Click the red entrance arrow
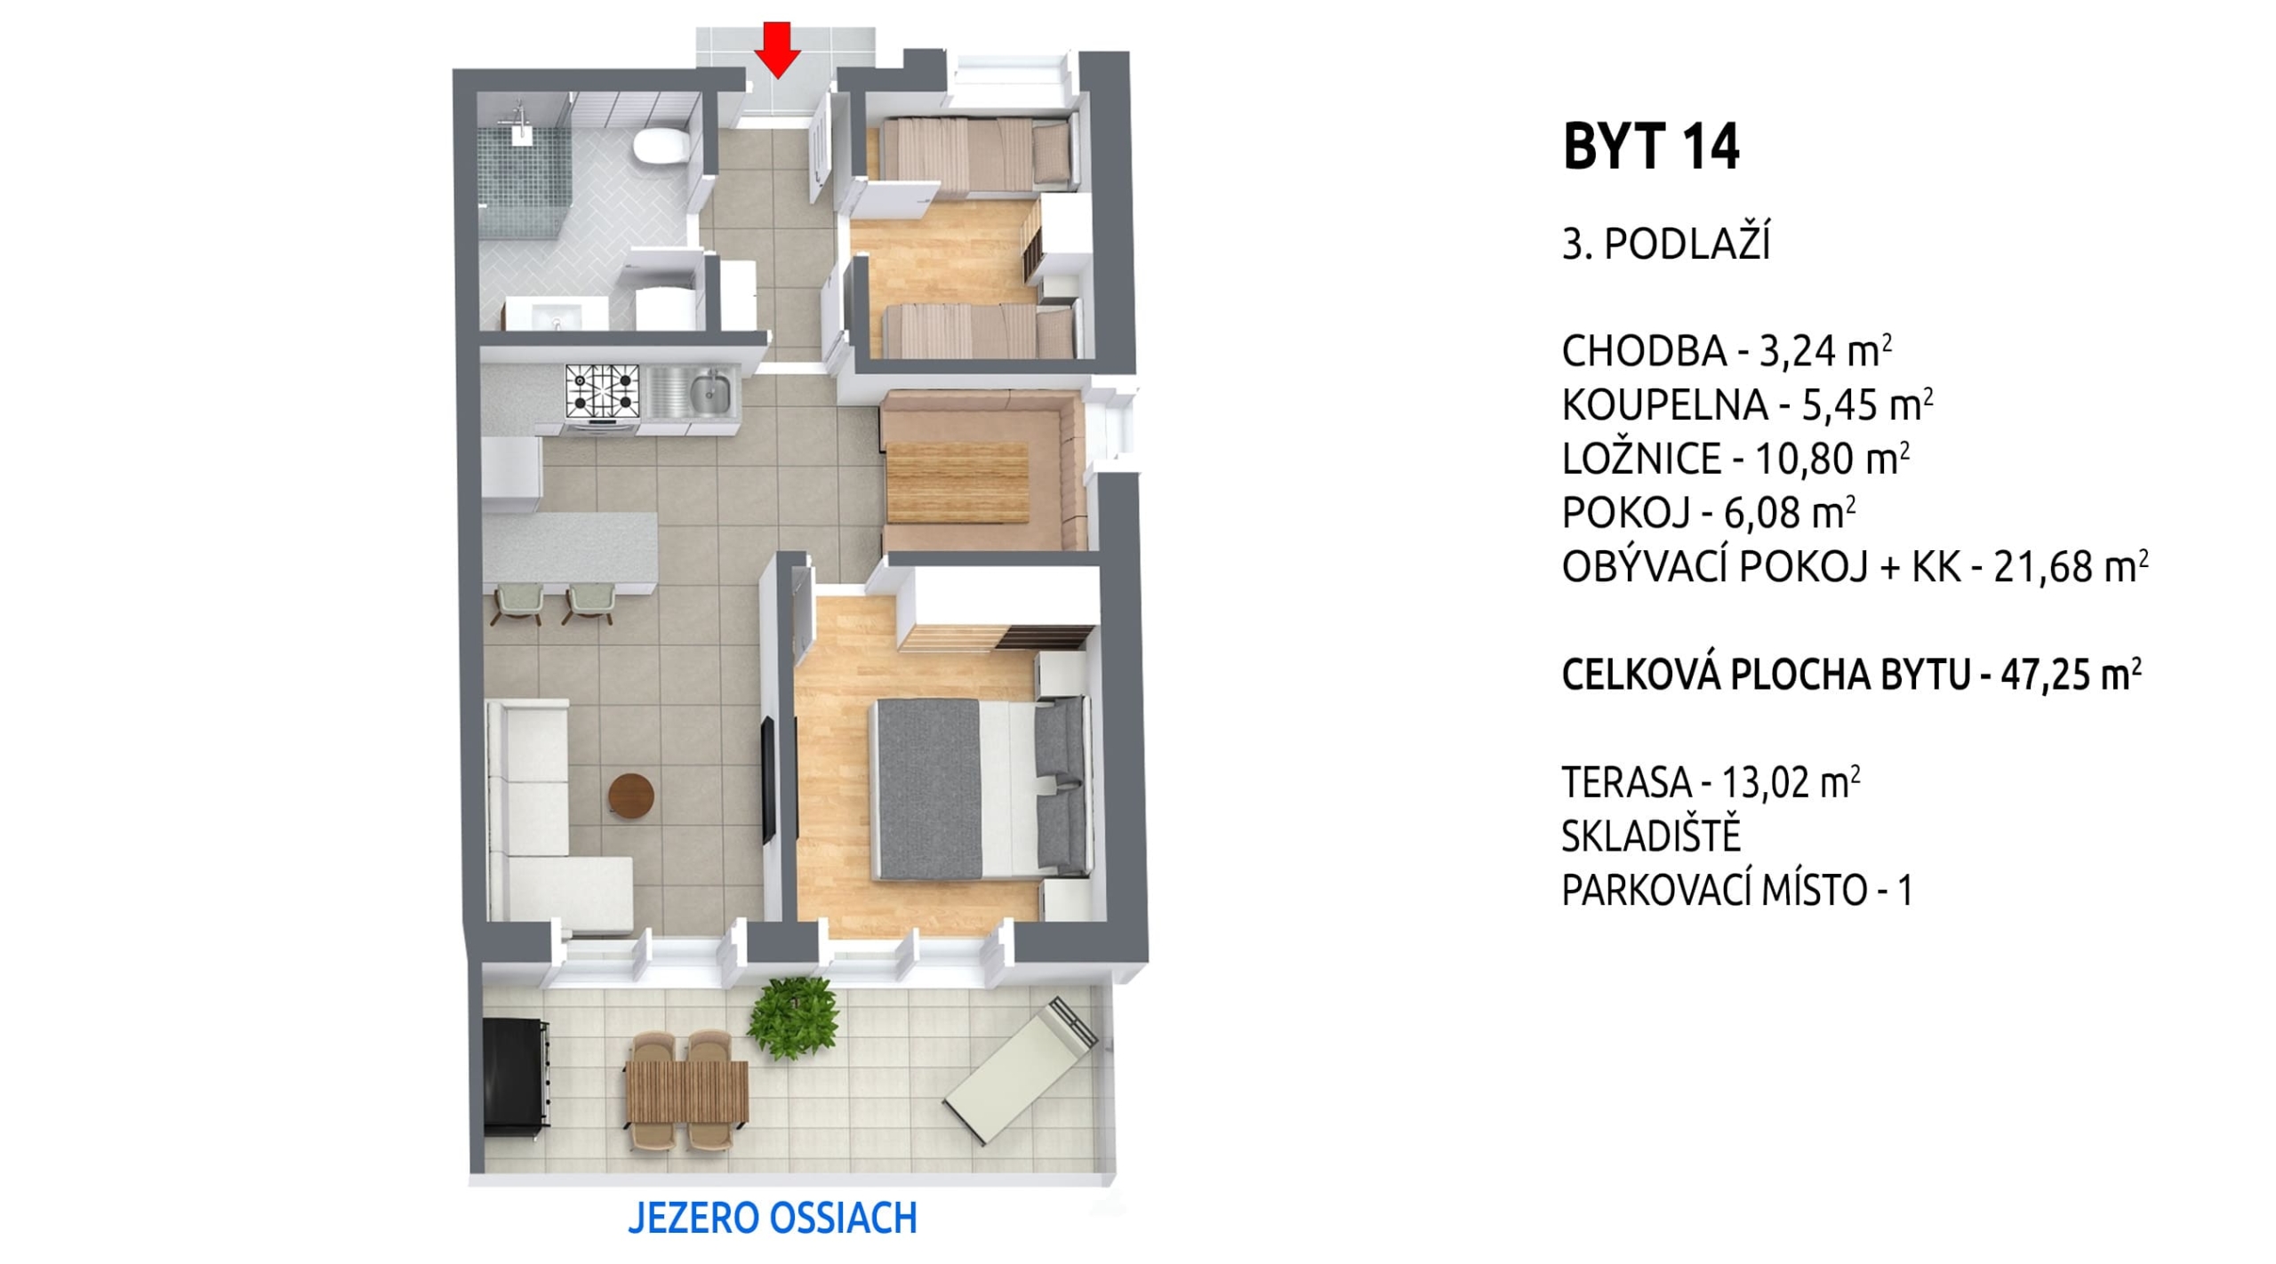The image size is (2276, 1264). pyautogui.click(x=778, y=50)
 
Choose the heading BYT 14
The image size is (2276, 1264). pyautogui.click(x=1651, y=148)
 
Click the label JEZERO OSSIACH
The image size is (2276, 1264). pyautogui.click(x=773, y=1218)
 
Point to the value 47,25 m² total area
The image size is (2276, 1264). pyautogui.click(x=2069, y=676)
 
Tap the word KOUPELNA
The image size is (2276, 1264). pyautogui.click(x=1664, y=405)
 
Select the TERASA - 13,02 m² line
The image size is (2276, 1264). pyautogui.click(x=1711, y=782)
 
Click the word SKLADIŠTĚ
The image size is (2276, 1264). pyautogui.click(x=1651, y=836)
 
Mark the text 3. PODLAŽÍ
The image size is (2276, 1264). pyautogui.click(x=1665, y=244)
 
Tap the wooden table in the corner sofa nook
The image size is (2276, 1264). pyautogui.click(x=957, y=482)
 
